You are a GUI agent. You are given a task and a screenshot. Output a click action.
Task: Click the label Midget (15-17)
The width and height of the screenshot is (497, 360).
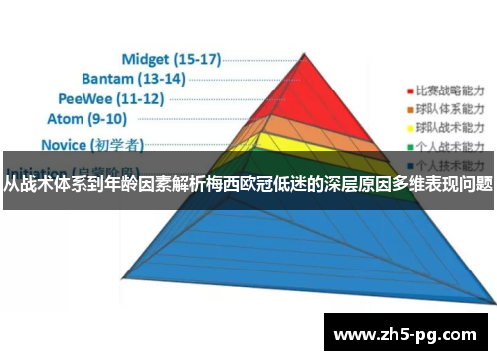[170, 58]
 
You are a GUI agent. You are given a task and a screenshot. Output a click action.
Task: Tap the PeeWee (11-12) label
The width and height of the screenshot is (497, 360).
[111, 99]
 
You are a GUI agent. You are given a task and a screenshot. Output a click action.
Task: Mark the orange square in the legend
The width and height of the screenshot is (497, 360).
[410, 106]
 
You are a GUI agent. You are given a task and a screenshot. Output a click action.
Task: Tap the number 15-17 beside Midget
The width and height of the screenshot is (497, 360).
[197, 58]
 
